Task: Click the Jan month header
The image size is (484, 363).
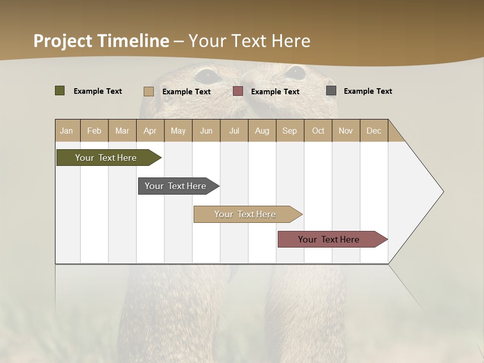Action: (67, 131)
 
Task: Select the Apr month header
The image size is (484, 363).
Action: (150, 131)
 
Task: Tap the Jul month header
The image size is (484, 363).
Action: (234, 131)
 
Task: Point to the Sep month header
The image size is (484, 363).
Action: (290, 131)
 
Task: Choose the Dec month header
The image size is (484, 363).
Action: (374, 131)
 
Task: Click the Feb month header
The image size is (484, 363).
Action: (94, 131)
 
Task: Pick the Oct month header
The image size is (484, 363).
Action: (318, 131)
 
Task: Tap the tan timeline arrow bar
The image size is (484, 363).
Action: (246, 214)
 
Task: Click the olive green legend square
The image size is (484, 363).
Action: (60, 91)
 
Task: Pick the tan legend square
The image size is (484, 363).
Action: (149, 91)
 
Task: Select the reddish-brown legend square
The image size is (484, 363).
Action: (238, 91)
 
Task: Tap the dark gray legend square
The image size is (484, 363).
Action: (331, 91)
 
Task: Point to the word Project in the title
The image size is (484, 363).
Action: (63, 41)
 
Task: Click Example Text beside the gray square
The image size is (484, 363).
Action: (368, 91)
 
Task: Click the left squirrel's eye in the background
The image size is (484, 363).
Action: (207, 76)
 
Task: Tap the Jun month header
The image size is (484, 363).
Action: (206, 131)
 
